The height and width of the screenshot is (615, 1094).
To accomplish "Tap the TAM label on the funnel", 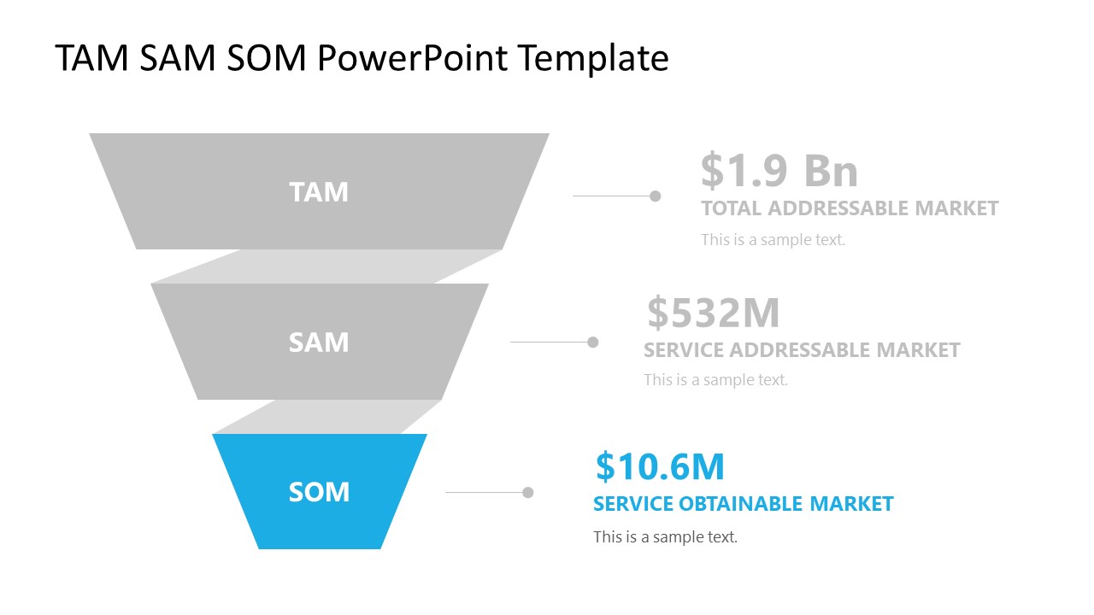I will (319, 192).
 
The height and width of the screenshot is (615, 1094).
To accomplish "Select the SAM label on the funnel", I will (319, 343).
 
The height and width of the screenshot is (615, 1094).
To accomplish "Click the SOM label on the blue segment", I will (319, 492).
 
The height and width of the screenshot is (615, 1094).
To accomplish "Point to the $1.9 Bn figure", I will (779, 171).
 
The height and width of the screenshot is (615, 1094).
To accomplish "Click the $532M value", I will (713, 313).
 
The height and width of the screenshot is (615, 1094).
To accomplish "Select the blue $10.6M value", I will (660, 467).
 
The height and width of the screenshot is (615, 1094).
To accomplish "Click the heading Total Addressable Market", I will (850, 208).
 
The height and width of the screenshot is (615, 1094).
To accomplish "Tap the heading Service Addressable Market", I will (802, 350).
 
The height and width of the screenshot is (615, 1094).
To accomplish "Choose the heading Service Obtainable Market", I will (743, 504).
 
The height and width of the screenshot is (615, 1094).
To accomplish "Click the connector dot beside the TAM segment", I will (656, 196).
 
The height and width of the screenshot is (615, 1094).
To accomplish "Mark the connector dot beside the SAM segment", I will (593, 342).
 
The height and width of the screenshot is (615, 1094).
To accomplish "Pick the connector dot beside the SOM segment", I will (528, 492).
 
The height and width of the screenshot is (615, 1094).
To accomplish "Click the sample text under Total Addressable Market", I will (773, 240).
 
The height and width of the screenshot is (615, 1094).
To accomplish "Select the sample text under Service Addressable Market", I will (715, 380).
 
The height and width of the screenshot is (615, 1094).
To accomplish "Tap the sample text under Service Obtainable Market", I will (665, 537).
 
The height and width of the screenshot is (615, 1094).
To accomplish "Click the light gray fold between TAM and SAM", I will (325, 266).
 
